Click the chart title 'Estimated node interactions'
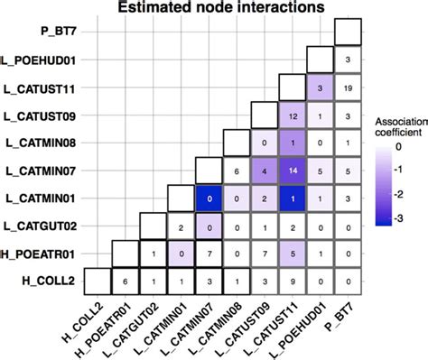click(213, 10)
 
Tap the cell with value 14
click(292, 171)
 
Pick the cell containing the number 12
click(292, 115)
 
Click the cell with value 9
click(292, 282)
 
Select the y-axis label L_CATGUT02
click(45, 226)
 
